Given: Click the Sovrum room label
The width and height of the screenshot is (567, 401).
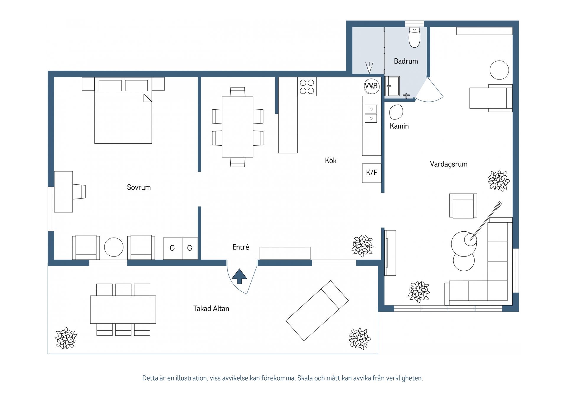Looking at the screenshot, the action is [x=139, y=187].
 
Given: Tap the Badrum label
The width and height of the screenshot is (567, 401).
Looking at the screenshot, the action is [x=406, y=61].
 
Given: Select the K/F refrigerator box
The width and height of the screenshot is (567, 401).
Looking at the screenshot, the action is [x=372, y=173].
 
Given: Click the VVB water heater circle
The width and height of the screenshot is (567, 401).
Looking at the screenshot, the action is [x=372, y=86].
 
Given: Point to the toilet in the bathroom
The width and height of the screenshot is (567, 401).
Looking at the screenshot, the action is [x=414, y=37].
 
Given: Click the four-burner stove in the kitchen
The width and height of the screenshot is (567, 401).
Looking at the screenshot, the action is [x=307, y=87].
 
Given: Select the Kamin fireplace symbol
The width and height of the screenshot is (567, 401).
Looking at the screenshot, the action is [x=396, y=112].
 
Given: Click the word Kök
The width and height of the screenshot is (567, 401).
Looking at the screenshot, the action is [x=331, y=160].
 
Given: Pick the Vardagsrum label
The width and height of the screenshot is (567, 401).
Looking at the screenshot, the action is [x=449, y=164].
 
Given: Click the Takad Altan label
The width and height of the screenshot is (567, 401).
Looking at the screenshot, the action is [x=211, y=309].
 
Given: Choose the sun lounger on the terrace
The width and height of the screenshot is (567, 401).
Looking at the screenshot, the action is [x=317, y=311].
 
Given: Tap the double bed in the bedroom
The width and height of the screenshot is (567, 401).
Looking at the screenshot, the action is [x=123, y=111].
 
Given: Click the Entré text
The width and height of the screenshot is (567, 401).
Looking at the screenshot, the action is [x=241, y=247].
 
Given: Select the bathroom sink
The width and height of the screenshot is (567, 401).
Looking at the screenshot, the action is [x=392, y=86].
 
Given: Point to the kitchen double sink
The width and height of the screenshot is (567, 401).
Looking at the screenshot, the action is [x=371, y=114].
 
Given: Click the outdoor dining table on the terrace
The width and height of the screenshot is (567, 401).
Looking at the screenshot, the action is [x=123, y=310].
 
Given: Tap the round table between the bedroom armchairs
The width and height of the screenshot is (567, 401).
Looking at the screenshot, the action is [x=114, y=247].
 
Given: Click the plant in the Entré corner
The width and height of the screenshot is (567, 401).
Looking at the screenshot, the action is [x=363, y=246].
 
